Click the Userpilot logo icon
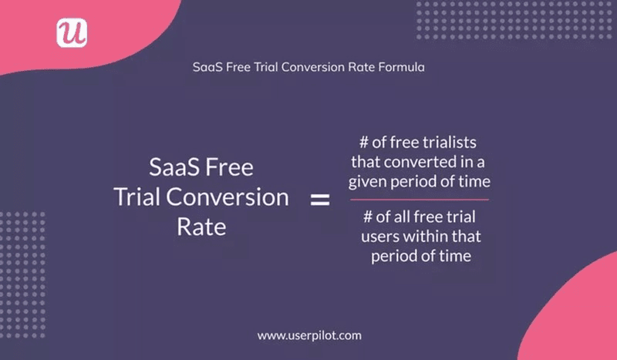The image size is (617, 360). point(72,32)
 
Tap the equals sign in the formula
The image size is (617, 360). point(319,200)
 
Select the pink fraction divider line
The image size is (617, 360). point(420,200)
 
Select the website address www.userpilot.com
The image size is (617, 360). point(308,335)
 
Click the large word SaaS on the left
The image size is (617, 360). point(176,168)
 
